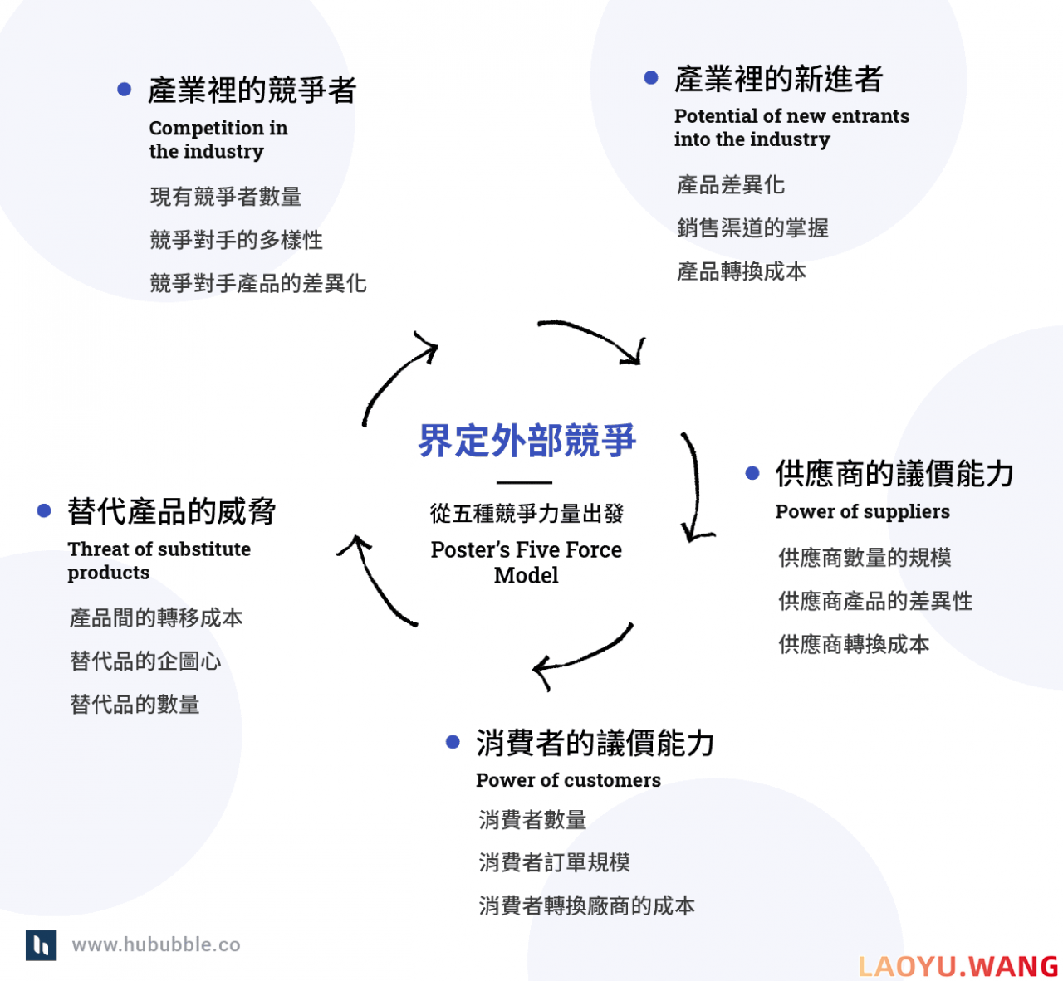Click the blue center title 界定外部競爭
click(527, 441)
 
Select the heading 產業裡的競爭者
click(252, 90)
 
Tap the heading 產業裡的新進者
click(778, 79)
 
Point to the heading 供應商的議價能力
click(894, 473)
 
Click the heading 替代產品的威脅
click(171, 511)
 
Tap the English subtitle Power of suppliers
click(862, 511)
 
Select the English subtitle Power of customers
click(568, 780)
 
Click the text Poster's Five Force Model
click(527, 562)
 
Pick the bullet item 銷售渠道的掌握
click(752, 228)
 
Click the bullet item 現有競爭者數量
click(225, 197)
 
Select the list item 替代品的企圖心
click(145, 661)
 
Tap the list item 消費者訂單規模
click(554, 862)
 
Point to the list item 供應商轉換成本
click(854, 644)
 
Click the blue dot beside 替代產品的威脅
click(44, 510)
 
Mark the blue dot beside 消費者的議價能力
click(453, 742)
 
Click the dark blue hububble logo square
click(42, 945)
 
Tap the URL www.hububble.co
click(156, 944)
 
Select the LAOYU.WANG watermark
click(958, 967)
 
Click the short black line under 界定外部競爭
click(525, 483)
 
